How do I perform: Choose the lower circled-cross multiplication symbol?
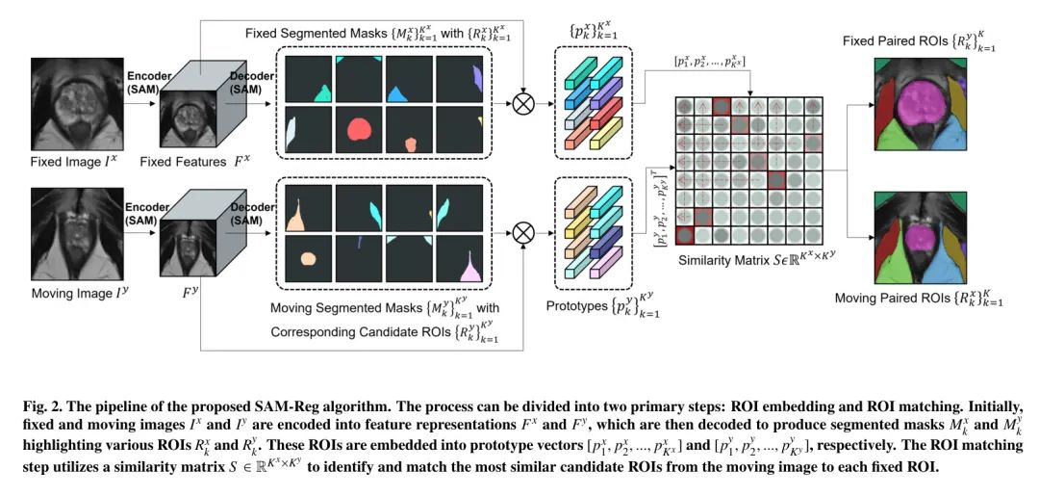click(522, 232)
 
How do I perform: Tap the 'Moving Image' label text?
click(67, 291)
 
